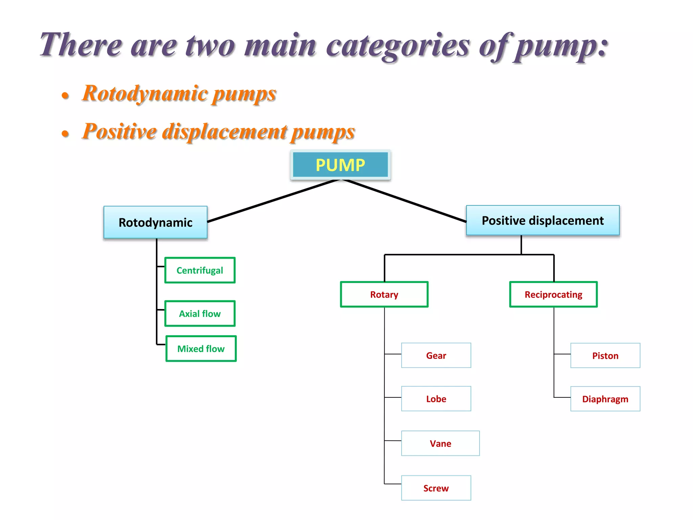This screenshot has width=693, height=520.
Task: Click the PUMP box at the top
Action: (340, 165)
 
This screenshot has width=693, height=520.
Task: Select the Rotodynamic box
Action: (155, 222)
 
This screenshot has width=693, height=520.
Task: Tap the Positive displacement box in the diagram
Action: (542, 220)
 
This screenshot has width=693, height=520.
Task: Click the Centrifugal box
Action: (200, 270)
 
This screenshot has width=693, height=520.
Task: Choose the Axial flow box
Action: (200, 313)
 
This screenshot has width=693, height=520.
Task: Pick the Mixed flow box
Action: (201, 349)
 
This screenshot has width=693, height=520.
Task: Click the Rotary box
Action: (384, 295)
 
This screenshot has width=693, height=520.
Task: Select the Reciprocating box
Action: (553, 295)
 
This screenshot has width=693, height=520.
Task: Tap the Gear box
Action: (436, 355)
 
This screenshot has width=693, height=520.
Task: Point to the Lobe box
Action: (436, 399)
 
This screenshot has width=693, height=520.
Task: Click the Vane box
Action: (440, 443)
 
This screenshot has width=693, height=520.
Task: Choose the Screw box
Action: (436, 488)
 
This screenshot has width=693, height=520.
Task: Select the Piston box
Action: (605, 355)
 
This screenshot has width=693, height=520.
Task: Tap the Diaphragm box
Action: (605, 399)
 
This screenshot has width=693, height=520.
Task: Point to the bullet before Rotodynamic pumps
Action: (65, 95)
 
